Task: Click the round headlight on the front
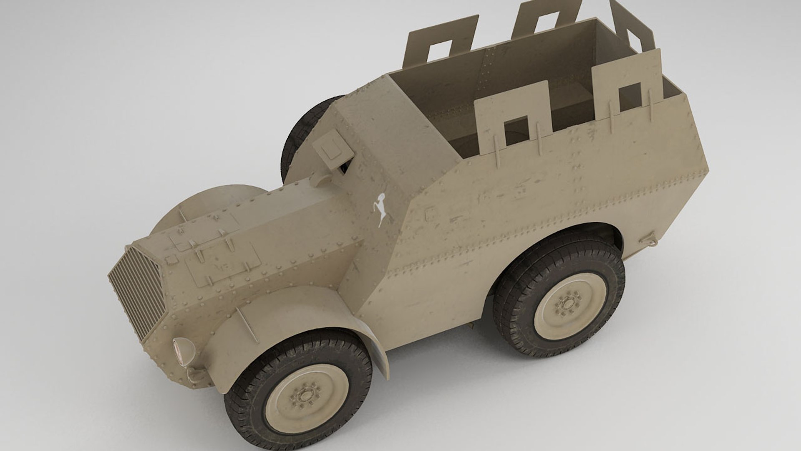183,350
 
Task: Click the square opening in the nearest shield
516,131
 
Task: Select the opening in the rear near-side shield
630,97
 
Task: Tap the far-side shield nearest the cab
440,42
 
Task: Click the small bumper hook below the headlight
194,372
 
